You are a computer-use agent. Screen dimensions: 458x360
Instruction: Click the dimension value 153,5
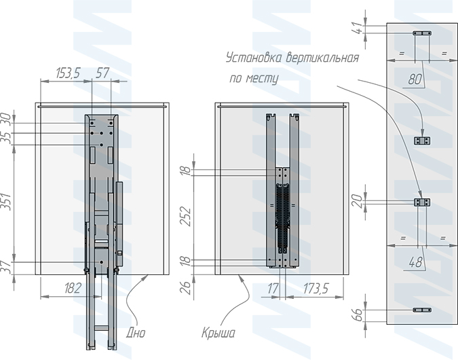68,73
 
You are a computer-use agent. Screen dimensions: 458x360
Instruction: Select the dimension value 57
102,73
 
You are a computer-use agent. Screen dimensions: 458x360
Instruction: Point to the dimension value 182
73,289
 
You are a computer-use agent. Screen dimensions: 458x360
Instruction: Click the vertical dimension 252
185,217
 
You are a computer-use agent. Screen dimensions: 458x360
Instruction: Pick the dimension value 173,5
316,289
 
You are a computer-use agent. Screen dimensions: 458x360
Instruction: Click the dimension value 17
273,289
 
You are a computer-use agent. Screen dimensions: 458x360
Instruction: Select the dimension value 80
415,79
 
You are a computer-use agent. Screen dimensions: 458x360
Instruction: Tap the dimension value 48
415,262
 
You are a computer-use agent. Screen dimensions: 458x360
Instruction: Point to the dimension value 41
358,29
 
